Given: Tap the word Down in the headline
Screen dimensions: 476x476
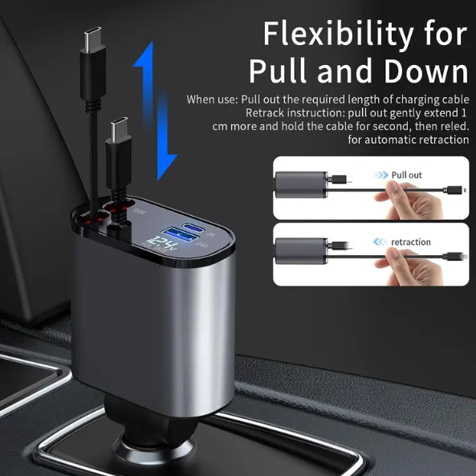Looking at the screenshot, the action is tap(426, 71).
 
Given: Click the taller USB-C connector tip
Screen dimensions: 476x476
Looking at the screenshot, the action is tap(93, 37).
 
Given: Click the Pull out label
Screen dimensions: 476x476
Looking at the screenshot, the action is tap(406, 175).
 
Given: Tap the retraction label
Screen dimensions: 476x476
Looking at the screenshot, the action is tap(410, 242).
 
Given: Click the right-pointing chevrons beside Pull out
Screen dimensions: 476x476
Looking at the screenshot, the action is tap(380, 175).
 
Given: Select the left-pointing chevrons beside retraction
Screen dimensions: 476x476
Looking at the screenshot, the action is tap(380, 242).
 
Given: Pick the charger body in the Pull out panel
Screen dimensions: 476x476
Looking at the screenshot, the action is tap(301, 185).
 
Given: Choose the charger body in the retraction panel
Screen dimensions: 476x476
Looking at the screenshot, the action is tap(301, 251).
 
